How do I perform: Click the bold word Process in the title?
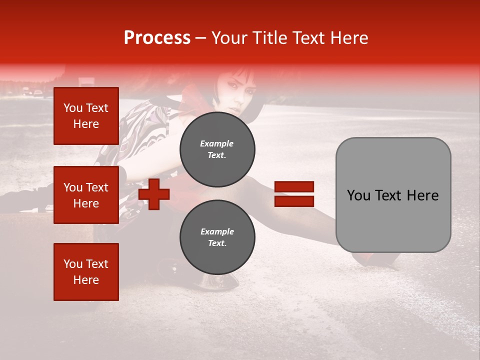(157, 38)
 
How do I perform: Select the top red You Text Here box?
(86, 116)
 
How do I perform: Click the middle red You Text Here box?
(86, 195)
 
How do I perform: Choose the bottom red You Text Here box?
(86, 271)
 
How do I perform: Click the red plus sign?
(154, 194)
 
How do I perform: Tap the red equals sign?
(294, 194)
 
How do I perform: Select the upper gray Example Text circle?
(217, 149)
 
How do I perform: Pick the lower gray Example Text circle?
(217, 237)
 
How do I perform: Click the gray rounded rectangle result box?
(393, 195)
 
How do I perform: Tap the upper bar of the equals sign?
(294, 187)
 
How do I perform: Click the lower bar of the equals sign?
(294, 201)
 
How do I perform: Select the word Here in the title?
(349, 38)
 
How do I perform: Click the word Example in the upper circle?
(217, 143)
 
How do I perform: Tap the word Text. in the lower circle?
(217, 243)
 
